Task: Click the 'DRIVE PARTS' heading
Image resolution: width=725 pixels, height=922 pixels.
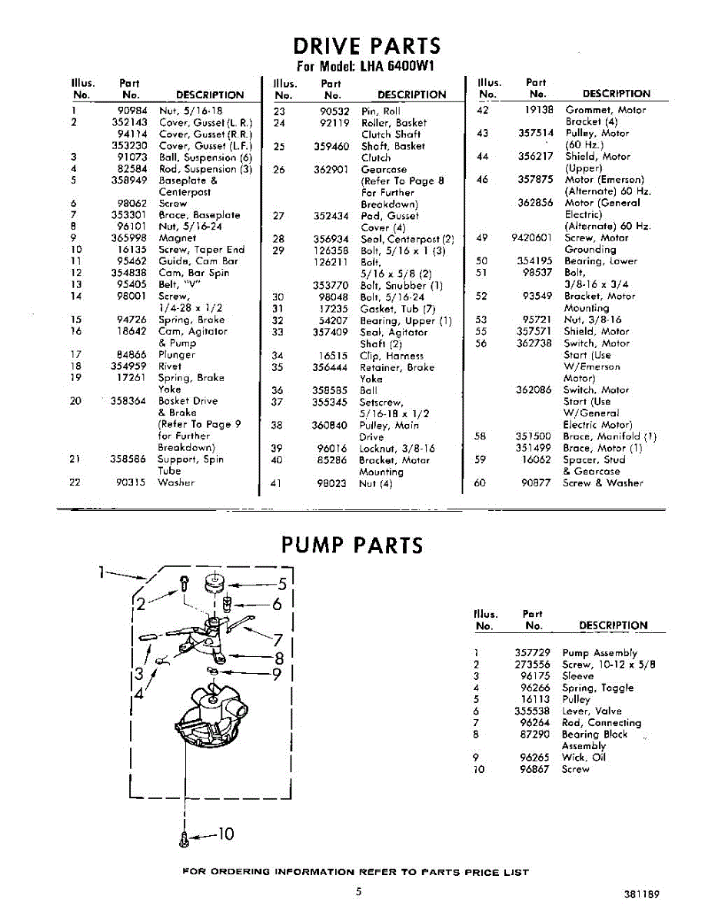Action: (x=368, y=45)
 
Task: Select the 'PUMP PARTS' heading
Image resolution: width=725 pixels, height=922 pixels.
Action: (x=352, y=546)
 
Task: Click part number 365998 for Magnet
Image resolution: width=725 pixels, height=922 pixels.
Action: (x=128, y=238)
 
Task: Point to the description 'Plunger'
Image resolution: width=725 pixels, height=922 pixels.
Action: (x=176, y=355)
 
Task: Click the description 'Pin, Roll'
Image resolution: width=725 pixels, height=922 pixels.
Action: (x=381, y=111)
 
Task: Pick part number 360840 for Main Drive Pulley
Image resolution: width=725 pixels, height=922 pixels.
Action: (x=331, y=425)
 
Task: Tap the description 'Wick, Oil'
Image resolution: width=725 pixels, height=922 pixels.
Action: (x=584, y=757)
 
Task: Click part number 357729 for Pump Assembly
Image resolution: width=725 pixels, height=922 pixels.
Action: (x=532, y=653)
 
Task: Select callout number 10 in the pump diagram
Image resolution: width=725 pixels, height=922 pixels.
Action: (x=225, y=834)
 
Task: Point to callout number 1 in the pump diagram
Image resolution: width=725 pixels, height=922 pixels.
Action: (x=101, y=571)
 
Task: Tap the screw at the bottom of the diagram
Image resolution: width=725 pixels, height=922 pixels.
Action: (x=184, y=840)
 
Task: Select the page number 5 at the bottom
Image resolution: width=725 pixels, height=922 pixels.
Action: (x=358, y=892)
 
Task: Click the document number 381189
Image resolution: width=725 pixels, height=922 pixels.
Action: (x=642, y=894)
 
